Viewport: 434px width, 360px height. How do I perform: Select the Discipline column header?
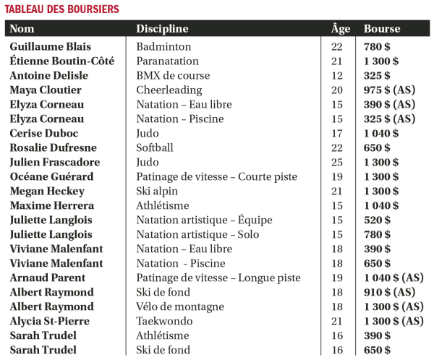click(162, 29)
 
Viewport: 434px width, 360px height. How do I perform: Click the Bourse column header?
click(382, 29)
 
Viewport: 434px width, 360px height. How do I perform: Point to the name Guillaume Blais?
click(50, 46)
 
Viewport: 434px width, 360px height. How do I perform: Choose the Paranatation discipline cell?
click(168, 61)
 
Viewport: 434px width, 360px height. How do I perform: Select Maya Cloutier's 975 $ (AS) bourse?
click(393, 90)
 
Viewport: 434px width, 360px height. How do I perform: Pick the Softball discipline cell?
click(156, 147)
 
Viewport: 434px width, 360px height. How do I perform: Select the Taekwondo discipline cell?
click(163, 321)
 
